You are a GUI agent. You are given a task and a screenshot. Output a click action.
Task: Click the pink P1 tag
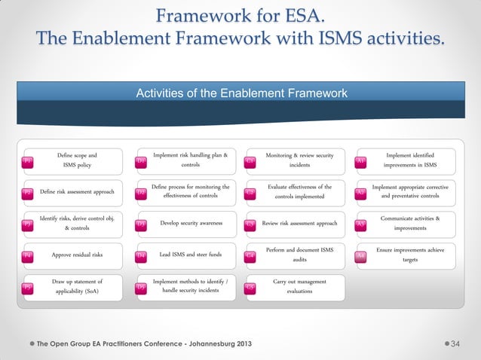(x=28, y=161)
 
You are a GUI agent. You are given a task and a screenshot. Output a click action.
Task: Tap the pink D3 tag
(x=139, y=224)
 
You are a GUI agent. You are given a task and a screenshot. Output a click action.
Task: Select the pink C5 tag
(x=250, y=288)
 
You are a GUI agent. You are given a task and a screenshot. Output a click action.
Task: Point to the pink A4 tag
(x=361, y=256)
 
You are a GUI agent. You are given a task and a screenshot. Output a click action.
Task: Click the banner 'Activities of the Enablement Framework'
(x=240, y=94)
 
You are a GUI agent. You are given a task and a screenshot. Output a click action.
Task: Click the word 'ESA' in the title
(x=302, y=16)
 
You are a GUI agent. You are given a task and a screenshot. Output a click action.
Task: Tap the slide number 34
(x=455, y=345)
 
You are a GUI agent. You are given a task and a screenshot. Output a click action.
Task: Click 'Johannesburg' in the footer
(x=189, y=345)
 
